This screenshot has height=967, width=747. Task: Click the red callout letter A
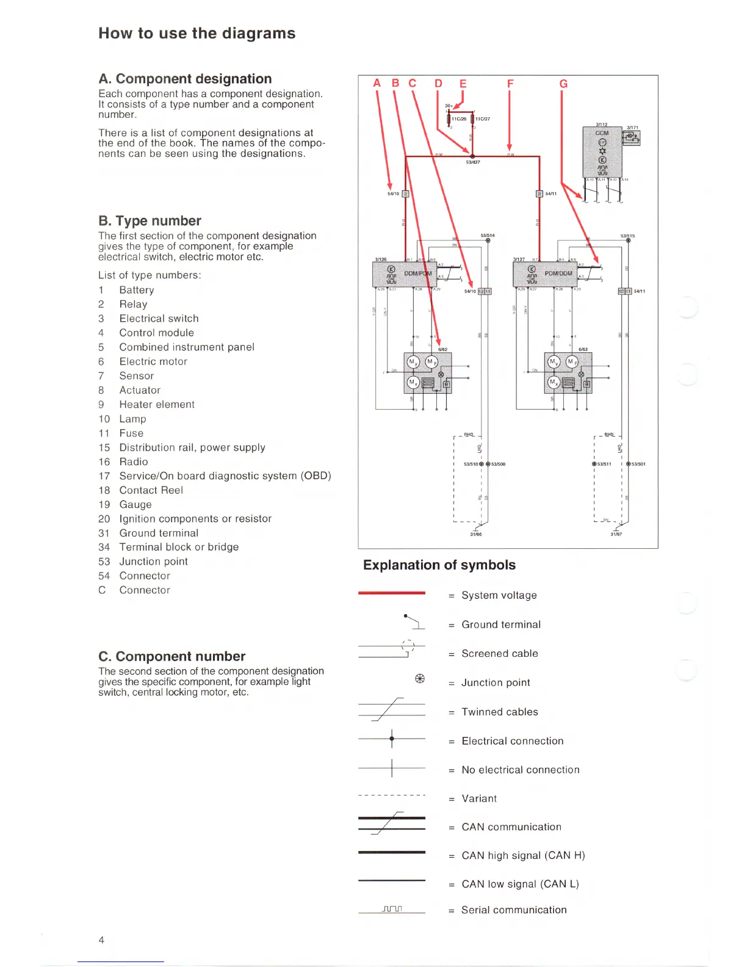377,84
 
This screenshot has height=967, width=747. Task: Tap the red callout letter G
563,84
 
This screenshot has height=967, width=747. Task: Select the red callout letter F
510,84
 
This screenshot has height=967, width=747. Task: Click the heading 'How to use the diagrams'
197,34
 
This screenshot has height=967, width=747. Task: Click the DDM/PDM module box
403,273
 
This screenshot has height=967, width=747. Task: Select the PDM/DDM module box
544,273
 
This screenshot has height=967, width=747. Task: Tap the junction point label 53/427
473,162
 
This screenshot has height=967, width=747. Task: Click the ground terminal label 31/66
476,534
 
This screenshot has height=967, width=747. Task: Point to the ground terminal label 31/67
616,534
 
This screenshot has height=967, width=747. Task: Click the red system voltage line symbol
392,593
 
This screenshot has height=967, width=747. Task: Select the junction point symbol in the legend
420,679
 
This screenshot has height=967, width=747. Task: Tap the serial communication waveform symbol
392,909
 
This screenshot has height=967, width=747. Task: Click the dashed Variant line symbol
392,795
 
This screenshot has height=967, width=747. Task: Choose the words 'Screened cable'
500,654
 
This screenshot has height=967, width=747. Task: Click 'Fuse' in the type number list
131,433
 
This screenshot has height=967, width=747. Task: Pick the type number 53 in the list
104,562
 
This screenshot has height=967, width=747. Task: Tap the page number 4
101,940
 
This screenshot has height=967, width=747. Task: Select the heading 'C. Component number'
171,656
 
